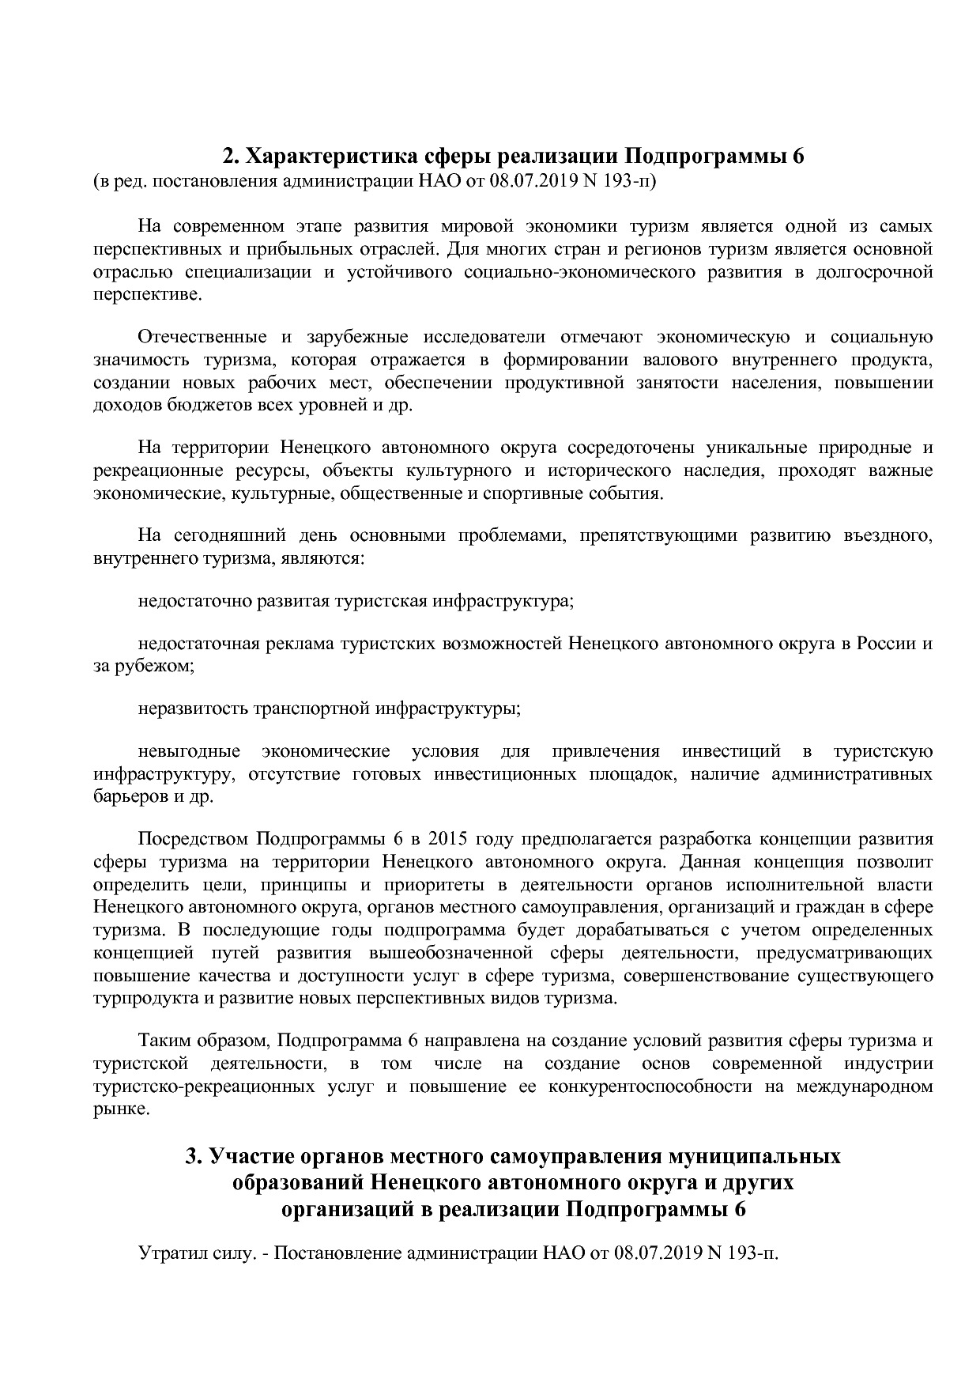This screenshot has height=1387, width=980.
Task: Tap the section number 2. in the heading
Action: coord(229,156)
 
